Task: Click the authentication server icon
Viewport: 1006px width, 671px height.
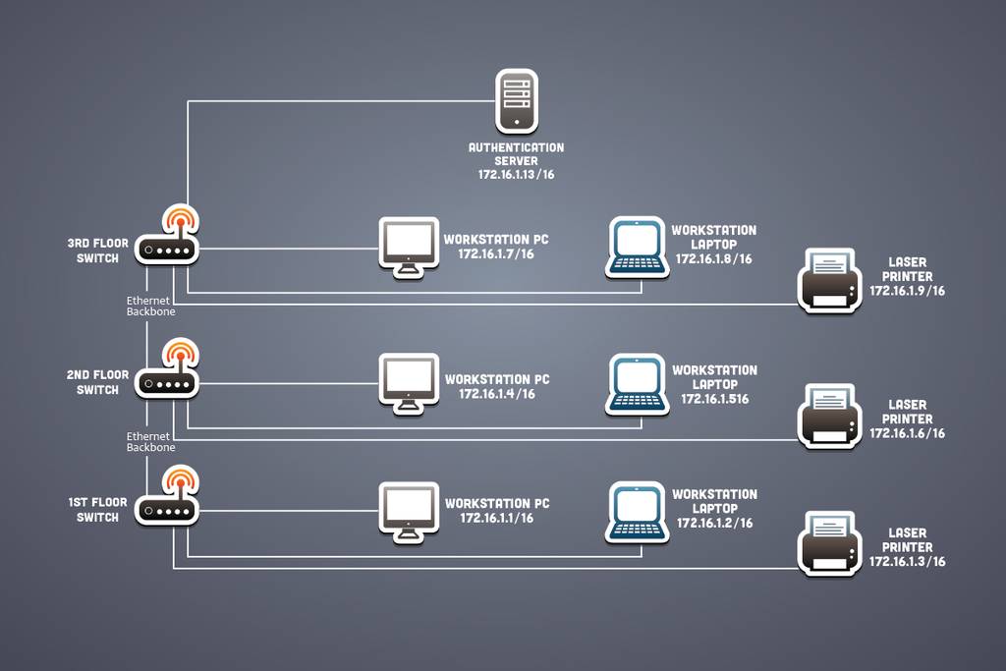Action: point(517,101)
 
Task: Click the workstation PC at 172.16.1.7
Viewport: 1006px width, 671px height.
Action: point(409,248)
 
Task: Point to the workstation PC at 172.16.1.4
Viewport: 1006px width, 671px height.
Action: point(409,383)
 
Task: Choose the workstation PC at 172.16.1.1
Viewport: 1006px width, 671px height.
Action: point(409,513)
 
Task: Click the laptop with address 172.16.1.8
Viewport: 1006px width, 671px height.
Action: point(637,249)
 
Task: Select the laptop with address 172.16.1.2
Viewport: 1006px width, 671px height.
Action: point(637,513)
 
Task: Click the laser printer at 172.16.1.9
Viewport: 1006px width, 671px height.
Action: point(829,281)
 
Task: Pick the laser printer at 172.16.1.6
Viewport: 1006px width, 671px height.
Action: point(829,417)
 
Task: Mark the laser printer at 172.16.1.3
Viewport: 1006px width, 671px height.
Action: point(829,544)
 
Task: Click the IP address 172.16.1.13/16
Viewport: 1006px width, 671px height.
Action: point(517,175)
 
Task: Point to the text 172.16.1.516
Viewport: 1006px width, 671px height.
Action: point(715,399)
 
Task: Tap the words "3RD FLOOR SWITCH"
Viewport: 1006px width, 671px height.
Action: point(98,251)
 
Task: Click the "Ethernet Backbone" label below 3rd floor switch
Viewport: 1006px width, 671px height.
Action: point(150,306)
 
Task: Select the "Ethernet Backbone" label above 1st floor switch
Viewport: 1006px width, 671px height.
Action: point(150,442)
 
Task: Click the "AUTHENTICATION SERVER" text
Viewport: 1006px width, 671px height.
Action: point(517,154)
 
